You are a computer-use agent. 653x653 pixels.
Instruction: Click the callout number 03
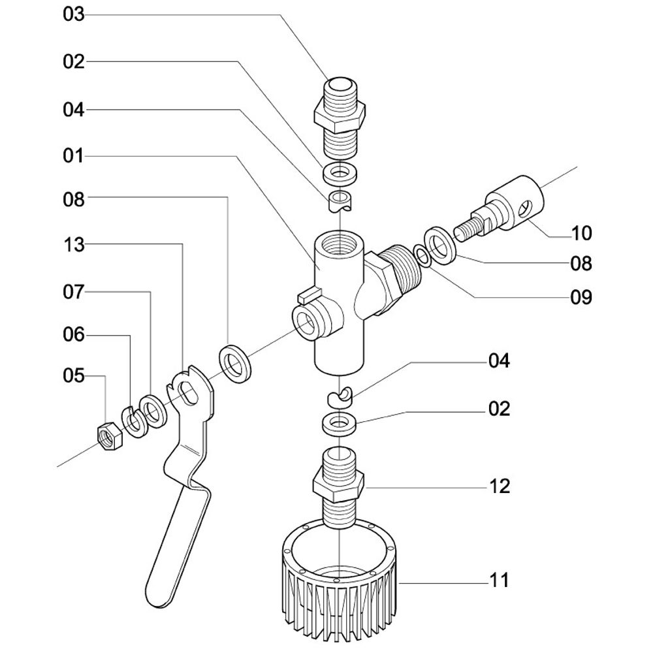point(74,14)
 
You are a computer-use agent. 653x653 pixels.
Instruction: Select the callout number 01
point(74,157)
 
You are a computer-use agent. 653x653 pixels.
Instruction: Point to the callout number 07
point(74,292)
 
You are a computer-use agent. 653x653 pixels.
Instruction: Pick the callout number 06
point(74,336)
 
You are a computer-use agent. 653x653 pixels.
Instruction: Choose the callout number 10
point(581,233)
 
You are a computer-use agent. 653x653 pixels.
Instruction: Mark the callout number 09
point(581,298)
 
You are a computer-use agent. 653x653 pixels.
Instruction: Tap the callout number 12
point(500,486)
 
